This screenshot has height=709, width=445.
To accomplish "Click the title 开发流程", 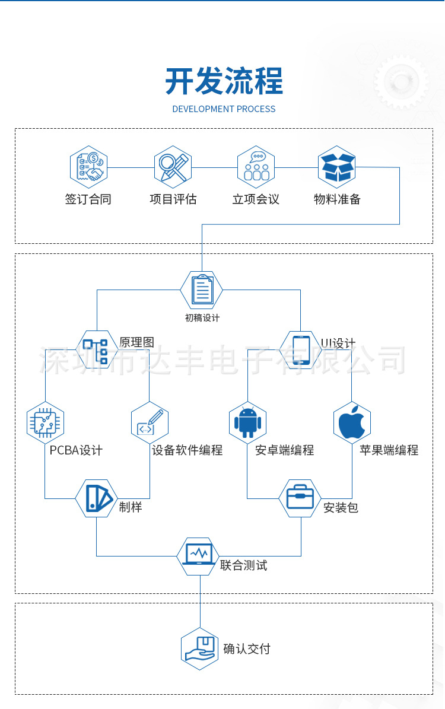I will click(x=224, y=81).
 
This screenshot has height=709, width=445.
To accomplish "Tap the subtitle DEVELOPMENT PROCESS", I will click(x=224, y=109).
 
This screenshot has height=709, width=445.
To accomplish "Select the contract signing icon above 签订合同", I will click(x=88, y=167).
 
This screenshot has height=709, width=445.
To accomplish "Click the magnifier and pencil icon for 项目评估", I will click(x=173, y=167).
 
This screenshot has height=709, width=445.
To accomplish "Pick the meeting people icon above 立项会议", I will click(x=256, y=167).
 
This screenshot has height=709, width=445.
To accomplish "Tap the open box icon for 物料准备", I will click(x=337, y=167).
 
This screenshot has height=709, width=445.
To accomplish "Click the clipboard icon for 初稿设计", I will click(x=201, y=290).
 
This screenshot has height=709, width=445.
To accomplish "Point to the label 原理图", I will click(x=136, y=342).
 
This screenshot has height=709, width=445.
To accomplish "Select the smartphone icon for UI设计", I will click(x=301, y=349).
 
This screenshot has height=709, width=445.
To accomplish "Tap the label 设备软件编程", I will click(x=187, y=450).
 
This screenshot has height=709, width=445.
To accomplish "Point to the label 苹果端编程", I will click(x=389, y=450).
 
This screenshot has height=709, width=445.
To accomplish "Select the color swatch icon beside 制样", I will click(x=97, y=498).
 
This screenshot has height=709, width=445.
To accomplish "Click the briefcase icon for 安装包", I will click(x=300, y=498).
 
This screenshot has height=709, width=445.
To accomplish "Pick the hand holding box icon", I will click(x=200, y=648).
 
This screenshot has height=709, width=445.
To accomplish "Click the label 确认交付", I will click(x=246, y=649).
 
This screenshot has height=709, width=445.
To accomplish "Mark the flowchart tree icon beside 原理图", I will click(x=96, y=349).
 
